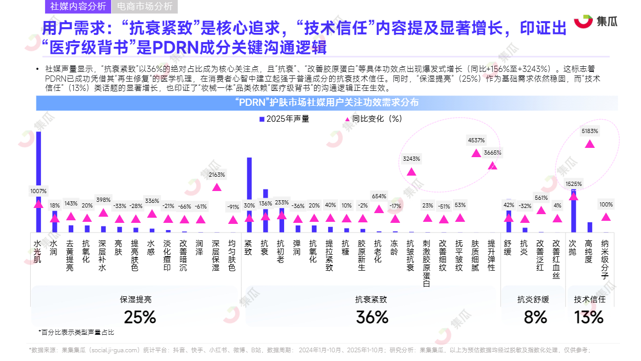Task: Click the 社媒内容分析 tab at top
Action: click(x=78, y=7)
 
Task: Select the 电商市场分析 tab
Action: click(x=145, y=7)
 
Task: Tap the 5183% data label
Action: click(x=590, y=131)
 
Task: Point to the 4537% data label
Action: click(x=476, y=140)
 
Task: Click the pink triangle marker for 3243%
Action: click(x=411, y=171)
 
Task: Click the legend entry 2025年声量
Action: click(x=284, y=119)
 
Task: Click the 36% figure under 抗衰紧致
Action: click(x=372, y=317)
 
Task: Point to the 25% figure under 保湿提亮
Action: click(x=139, y=317)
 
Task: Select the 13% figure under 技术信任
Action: click(x=589, y=317)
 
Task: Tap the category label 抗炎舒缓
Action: click(x=533, y=299)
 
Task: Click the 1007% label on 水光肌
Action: click(x=38, y=191)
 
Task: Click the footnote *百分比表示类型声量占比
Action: click(x=76, y=332)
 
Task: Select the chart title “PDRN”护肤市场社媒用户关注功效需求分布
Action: click(x=327, y=103)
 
